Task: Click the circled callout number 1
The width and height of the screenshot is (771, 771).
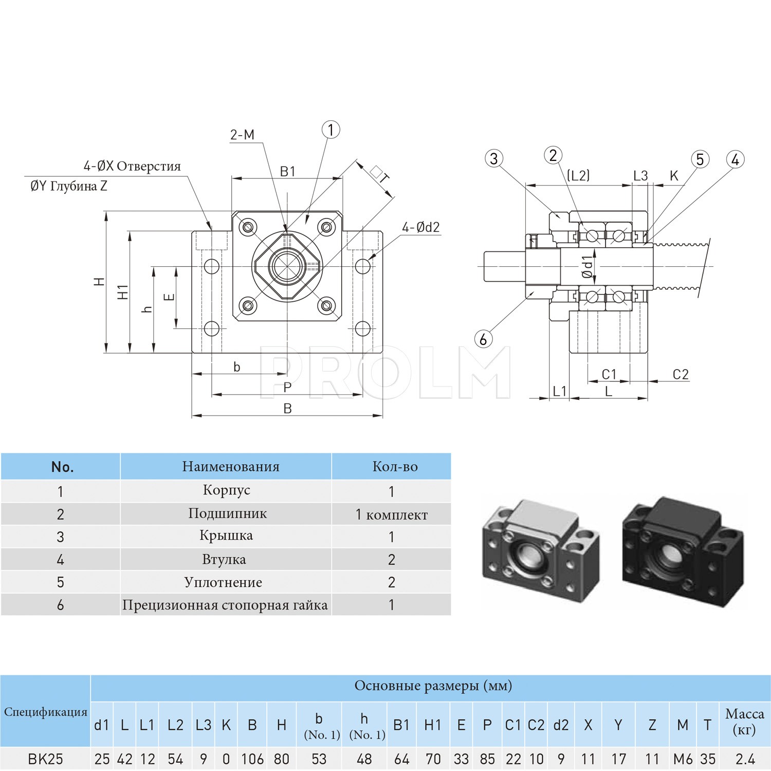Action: click(x=331, y=130)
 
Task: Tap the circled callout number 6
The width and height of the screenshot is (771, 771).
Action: click(x=483, y=339)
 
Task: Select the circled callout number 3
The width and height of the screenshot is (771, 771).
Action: click(x=494, y=158)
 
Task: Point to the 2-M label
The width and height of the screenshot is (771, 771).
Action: click(x=242, y=135)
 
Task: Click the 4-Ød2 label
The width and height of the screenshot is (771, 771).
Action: click(x=421, y=227)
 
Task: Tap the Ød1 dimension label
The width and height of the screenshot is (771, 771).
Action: click(x=587, y=267)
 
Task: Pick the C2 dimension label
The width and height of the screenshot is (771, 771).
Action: click(x=681, y=374)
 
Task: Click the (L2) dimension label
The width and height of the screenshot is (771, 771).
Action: click(x=578, y=175)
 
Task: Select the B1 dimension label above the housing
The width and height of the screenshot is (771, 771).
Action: click(x=288, y=171)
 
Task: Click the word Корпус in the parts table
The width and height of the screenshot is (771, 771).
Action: click(x=226, y=490)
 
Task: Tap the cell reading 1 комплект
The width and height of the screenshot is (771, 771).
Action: click(x=392, y=515)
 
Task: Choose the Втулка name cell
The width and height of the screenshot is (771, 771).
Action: click(x=224, y=559)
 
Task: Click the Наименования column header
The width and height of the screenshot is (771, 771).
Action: click(x=231, y=466)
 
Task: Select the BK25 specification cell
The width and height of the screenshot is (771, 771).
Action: click(x=45, y=759)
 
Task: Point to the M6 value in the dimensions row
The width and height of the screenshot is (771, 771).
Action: click(x=683, y=759)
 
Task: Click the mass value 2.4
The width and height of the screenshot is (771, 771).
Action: click(x=745, y=759)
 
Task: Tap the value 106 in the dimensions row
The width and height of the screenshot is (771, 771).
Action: click(x=252, y=759)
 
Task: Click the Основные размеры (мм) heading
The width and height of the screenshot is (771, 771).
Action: click(x=433, y=686)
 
